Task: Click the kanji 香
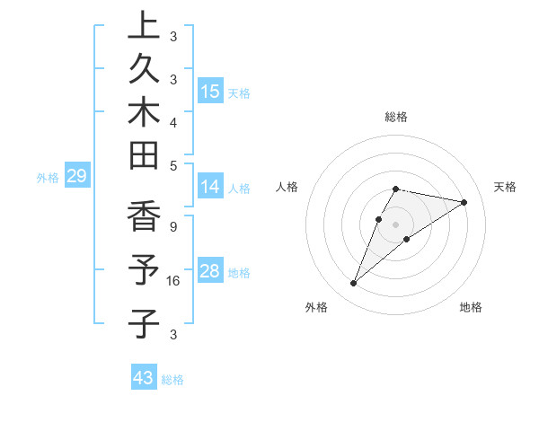click(x=144, y=217)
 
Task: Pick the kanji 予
click(x=144, y=270)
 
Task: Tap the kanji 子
click(x=144, y=322)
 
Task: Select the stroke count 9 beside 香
click(x=172, y=227)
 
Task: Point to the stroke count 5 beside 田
click(x=172, y=166)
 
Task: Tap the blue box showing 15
click(x=210, y=92)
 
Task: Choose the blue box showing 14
click(x=210, y=187)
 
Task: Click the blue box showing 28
click(x=210, y=271)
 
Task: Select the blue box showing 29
click(x=76, y=176)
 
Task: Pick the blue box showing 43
click(x=143, y=378)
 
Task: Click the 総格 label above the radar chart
click(x=395, y=117)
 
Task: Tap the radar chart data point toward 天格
click(x=464, y=202)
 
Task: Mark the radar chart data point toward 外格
click(x=353, y=284)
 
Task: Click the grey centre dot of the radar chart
click(x=395, y=224)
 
